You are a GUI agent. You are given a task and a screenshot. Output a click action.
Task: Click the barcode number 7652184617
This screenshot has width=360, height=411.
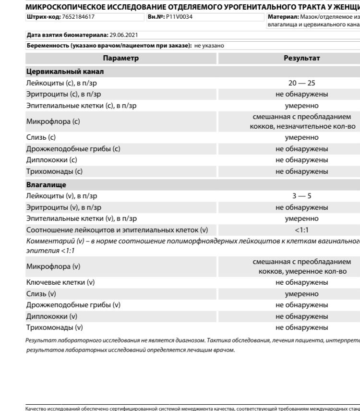click(78, 17)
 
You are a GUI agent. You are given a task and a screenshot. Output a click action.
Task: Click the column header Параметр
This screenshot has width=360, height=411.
click(120, 58)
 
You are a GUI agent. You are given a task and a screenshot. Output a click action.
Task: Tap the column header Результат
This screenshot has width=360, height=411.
click(301, 58)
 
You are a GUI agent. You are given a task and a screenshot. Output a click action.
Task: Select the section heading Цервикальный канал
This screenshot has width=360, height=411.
click(65, 72)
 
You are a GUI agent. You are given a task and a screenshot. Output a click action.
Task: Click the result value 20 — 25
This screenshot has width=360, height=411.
click(301, 83)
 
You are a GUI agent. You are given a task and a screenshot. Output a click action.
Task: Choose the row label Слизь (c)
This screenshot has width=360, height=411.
click(41, 137)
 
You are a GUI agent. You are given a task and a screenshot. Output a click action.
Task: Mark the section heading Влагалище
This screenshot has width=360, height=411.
click(46, 184)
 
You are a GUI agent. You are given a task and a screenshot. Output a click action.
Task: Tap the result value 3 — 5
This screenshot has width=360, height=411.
click(301, 196)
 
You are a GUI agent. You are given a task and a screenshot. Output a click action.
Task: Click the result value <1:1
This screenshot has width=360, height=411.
click(301, 230)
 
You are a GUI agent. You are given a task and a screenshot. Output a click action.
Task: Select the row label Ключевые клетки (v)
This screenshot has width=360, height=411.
click(60, 282)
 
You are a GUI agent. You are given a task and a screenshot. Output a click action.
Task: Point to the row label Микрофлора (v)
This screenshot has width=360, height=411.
click(53, 266)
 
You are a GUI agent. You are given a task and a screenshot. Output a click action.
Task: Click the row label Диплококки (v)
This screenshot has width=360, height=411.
click(51, 316)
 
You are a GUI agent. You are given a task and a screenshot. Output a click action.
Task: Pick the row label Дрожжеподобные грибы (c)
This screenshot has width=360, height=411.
click(73, 149)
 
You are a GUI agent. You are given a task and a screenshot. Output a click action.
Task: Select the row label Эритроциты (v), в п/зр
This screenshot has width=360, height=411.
click(63, 207)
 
